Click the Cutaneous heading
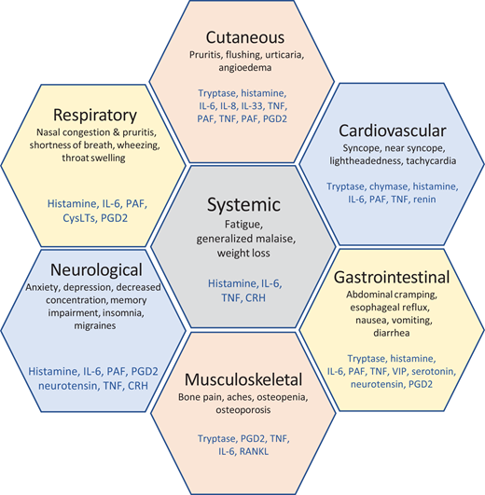click(242, 38)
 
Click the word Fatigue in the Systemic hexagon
click(242, 227)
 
